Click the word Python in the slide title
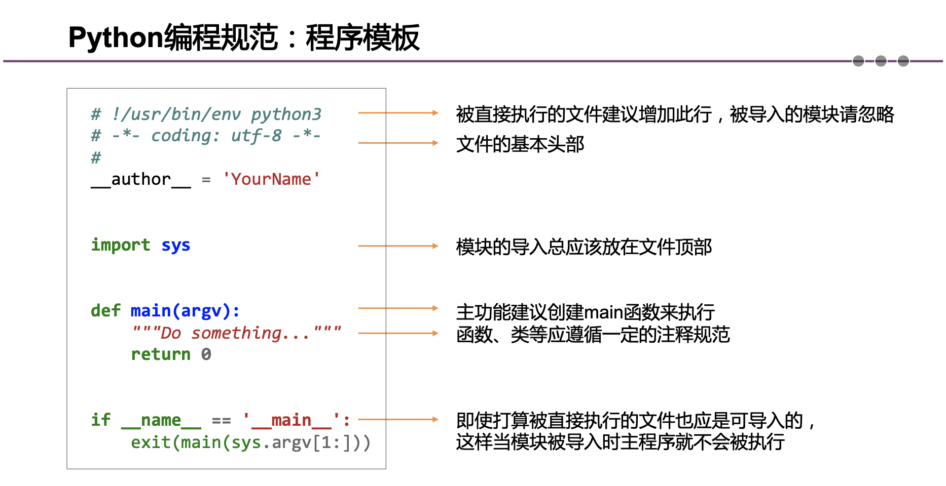(116, 38)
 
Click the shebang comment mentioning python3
(206, 114)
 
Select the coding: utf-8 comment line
(206, 136)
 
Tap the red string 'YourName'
(271, 179)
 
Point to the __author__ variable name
(141, 180)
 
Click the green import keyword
(121, 245)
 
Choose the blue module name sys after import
(176, 246)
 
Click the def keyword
(105, 310)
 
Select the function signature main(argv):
(185, 310)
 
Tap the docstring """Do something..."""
(236, 333)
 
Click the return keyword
(161, 354)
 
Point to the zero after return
(206, 354)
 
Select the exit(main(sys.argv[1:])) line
(250, 442)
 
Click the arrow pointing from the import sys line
(398, 246)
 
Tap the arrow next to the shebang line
(398, 113)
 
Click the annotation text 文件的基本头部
(520, 144)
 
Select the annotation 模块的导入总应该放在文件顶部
(584, 247)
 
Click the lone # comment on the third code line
(96, 158)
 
